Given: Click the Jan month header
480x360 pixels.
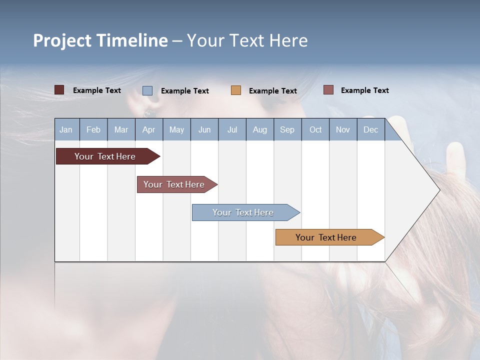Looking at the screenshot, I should (66, 130).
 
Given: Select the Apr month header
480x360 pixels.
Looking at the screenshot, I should (148, 130).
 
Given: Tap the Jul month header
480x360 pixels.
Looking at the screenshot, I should (232, 130).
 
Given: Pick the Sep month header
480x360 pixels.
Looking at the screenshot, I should (287, 130).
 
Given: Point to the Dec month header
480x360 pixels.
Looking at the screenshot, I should (370, 130).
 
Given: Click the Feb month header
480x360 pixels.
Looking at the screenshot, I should (93, 130).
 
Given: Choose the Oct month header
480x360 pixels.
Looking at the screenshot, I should (315, 130).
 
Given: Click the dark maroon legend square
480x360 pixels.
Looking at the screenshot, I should (59, 90).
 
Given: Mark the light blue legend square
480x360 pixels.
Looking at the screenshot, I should (147, 90).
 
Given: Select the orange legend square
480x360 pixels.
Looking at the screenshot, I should (236, 90).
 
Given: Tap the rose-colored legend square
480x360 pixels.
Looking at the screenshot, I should (328, 90).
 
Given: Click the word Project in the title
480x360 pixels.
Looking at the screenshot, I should (62, 40).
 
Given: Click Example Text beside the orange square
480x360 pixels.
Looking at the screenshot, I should (272, 91).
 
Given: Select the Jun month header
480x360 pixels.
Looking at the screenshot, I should (204, 130).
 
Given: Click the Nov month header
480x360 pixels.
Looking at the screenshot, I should (343, 130).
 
